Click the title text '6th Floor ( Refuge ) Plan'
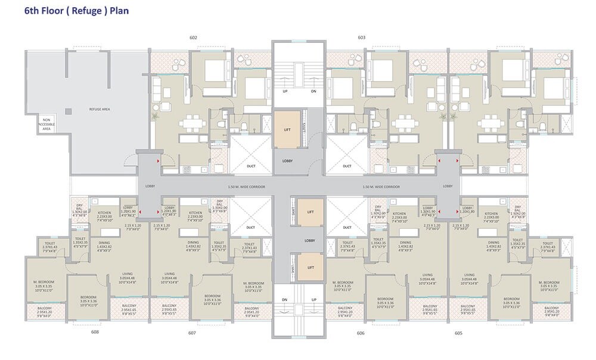tap(76, 11)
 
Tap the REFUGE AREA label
tap(99, 109)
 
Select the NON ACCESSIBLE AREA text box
tap(46, 124)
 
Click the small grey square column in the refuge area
tap(69, 110)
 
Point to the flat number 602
tap(193, 38)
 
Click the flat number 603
tap(361, 38)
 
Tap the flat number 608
tap(95, 332)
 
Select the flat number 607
tap(192, 333)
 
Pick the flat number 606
tap(361, 333)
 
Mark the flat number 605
tap(458, 333)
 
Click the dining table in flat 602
tap(193, 122)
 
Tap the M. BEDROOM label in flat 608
tap(45, 284)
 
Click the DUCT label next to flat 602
tap(251, 166)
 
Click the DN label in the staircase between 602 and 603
tap(313, 92)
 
